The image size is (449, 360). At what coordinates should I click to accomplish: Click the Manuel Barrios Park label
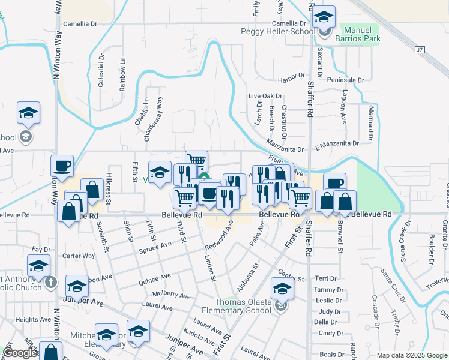tap(362, 34)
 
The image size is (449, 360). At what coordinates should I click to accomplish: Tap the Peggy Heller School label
tap(277, 31)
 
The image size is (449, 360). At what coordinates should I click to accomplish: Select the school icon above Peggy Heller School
tap(324, 18)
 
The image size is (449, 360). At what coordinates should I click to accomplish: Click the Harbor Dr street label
tap(292, 80)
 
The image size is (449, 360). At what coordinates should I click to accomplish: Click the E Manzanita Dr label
tap(336, 144)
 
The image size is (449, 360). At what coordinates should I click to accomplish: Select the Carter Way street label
tap(79, 256)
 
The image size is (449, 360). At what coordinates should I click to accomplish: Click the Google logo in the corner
tap(20, 353)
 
